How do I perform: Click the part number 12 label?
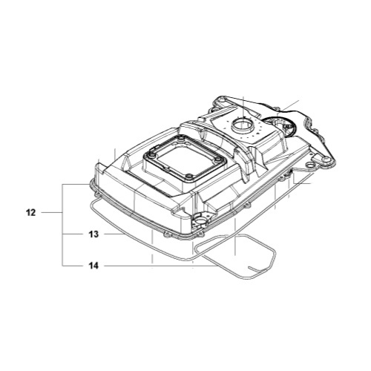click(x=30, y=212)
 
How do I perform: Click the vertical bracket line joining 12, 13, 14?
click(x=63, y=223)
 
